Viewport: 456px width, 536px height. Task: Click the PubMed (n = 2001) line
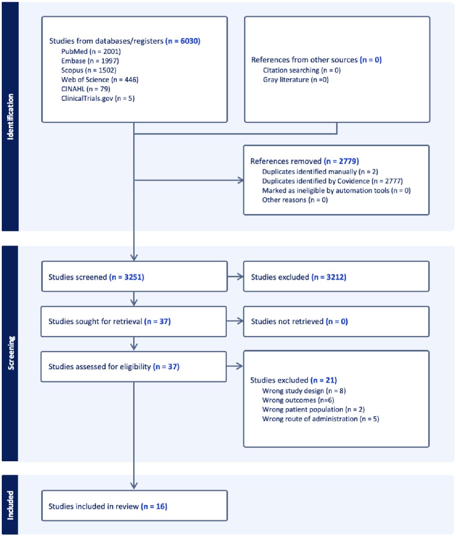(91, 52)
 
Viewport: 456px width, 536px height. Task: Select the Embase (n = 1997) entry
(90, 61)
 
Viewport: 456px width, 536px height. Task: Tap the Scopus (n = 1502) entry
(89, 70)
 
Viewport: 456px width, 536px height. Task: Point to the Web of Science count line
(100, 80)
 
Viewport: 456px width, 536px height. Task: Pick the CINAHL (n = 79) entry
(86, 89)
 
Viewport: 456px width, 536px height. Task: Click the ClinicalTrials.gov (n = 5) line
(98, 98)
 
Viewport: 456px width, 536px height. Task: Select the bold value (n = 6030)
(183, 41)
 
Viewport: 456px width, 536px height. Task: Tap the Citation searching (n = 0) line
(302, 70)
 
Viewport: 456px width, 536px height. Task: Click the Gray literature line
(296, 80)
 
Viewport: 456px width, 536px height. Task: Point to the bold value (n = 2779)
(341, 161)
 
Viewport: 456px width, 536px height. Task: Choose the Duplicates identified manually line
(320, 172)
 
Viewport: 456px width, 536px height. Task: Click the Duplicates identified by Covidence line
(333, 181)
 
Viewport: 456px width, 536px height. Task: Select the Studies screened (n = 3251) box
(134, 276)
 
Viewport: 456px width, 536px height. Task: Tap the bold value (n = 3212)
(329, 277)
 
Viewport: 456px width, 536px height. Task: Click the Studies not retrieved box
(337, 322)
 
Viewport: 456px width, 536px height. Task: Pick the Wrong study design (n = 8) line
(304, 391)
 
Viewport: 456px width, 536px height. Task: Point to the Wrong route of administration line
(321, 419)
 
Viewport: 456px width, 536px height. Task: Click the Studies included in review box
(134, 505)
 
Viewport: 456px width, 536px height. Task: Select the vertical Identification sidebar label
(10, 117)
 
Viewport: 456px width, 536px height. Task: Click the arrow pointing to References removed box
(189, 180)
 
